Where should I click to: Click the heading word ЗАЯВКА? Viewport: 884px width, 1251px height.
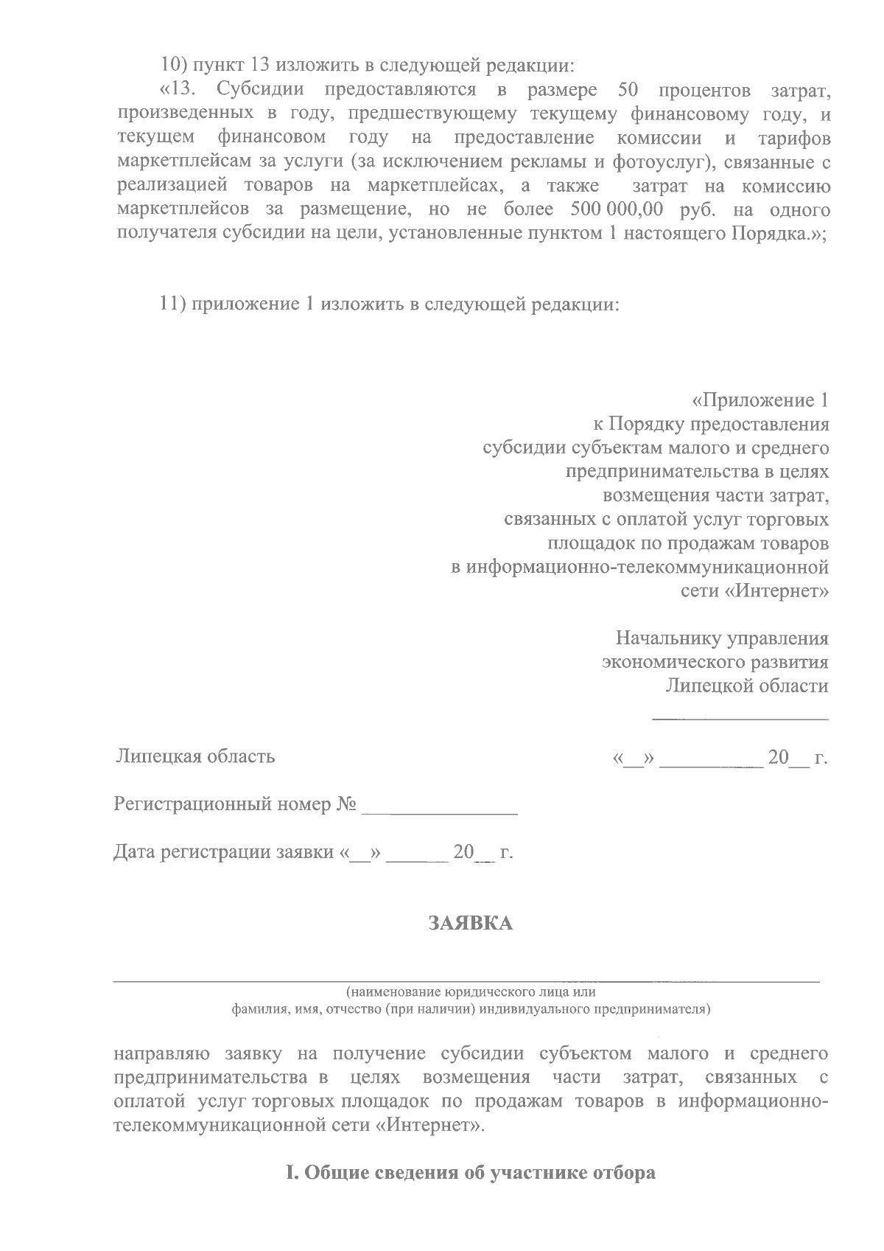pos(471,922)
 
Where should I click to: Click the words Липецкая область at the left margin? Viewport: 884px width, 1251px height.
pos(194,756)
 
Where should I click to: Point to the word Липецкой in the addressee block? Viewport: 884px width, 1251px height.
pos(709,686)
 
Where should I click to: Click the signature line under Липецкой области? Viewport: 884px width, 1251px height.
pos(740,717)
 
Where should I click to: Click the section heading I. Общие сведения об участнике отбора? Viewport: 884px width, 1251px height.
pos(470,1173)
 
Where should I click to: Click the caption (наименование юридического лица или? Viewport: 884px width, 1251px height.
pos(471,992)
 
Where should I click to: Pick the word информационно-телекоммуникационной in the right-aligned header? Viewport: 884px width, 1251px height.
pos(640,568)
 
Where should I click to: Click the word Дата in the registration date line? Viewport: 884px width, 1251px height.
pos(135,852)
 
